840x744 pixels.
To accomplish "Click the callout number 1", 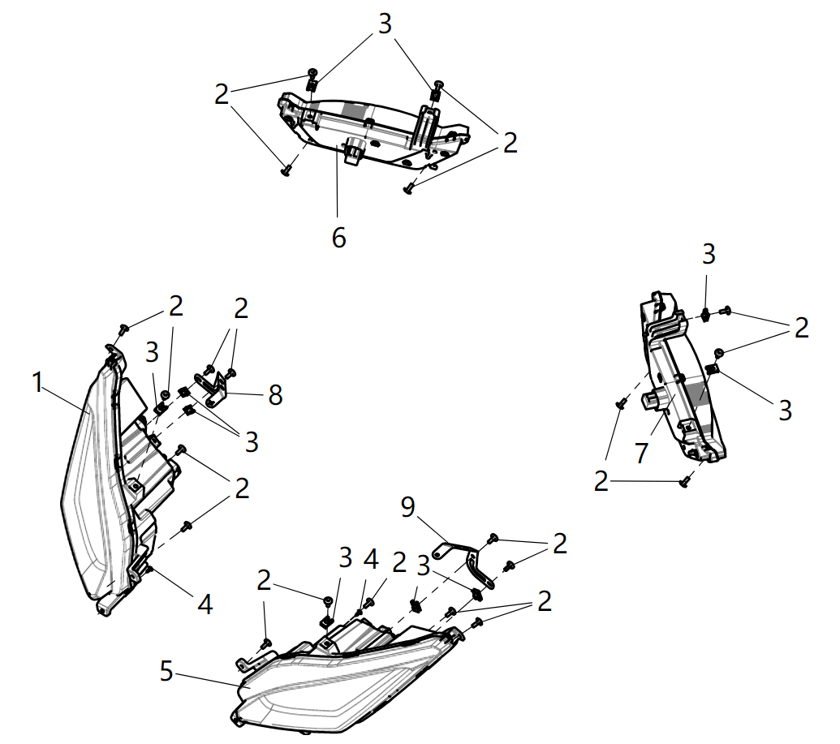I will (x=37, y=383).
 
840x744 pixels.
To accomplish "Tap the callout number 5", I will (x=166, y=671).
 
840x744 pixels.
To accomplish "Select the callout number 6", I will (x=338, y=238).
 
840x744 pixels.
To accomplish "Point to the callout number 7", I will (x=642, y=452).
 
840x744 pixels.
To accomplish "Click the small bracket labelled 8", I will (x=215, y=389).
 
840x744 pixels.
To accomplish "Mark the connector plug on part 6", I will (x=354, y=151).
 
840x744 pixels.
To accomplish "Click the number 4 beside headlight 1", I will (x=205, y=604).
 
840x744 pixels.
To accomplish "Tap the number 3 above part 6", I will (x=384, y=24).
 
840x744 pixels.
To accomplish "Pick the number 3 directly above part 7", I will (x=709, y=254).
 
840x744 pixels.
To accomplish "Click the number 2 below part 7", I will (x=601, y=482).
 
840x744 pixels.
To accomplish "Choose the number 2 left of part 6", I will (x=222, y=94).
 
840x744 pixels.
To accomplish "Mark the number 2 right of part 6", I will (x=510, y=143).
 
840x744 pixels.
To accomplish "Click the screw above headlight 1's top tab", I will (x=124, y=329).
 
